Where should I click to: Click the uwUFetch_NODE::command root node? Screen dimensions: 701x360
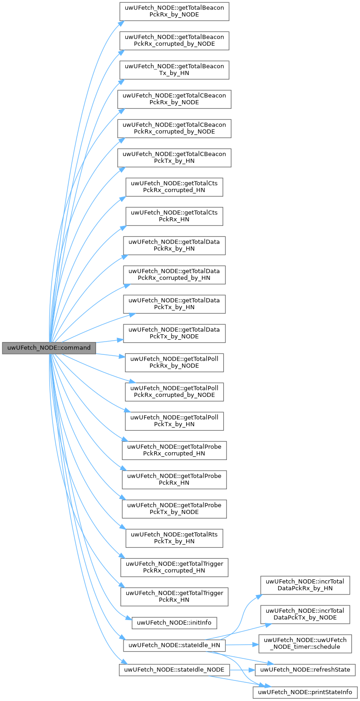pyautogui.click(x=49, y=348)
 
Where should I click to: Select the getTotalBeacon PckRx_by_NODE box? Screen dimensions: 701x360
pyautogui.click(x=174, y=11)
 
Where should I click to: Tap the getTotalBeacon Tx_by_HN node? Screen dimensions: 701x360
pyautogui.click(x=174, y=70)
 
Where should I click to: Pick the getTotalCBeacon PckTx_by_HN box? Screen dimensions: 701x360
pyautogui.click(x=174, y=158)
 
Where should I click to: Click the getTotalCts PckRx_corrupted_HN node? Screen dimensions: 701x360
pyautogui.click(x=174, y=187)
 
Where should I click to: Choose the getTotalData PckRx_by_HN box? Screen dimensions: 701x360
pyautogui.click(x=174, y=246)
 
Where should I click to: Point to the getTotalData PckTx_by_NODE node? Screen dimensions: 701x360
pyautogui.click(x=174, y=333)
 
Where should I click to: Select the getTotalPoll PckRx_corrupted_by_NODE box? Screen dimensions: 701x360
pyautogui.click(x=174, y=392)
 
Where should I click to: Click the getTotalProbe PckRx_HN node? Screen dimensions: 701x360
pyautogui.click(x=174, y=480)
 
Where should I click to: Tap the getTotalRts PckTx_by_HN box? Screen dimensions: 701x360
pyautogui.click(x=174, y=538)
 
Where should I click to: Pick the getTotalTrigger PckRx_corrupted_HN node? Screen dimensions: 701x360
pyautogui.click(x=174, y=567)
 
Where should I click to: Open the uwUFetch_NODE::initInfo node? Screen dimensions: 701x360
pyautogui.click(x=174, y=622)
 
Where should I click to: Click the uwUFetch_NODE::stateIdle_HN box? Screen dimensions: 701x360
pyautogui.click(x=174, y=645)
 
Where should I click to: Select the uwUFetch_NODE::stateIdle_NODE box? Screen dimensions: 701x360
pyautogui.click(x=174, y=670)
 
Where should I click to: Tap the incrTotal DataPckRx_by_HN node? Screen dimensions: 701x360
pyautogui.click(x=305, y=585)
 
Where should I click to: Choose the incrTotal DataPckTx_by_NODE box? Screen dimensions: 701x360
pyautogui.click(x=305, y=614)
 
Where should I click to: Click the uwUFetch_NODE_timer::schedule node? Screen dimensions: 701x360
pyautogui.click(x=305, y=643)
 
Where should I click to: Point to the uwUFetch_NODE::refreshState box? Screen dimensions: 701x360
pyautogui.click(x=305, y=670)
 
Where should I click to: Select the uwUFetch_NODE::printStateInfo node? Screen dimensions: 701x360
pyautogui.click(x=305, y=692)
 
